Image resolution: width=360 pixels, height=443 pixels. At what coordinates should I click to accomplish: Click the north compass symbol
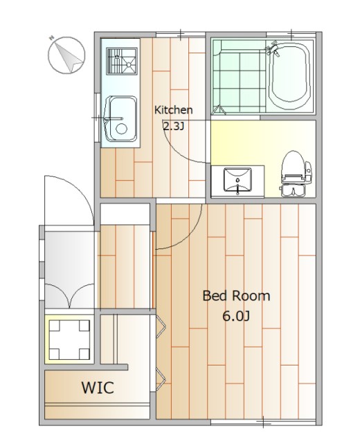(66, 55)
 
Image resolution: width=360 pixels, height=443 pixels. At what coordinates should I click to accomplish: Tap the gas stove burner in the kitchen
(122, 61)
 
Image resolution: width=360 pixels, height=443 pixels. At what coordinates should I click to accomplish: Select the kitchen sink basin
(121, 118)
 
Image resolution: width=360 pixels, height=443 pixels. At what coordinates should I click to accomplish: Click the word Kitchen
(174, 110)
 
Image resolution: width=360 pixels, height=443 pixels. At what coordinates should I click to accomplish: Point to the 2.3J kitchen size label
(174, 126)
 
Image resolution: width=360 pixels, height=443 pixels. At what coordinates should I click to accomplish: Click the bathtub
(289, 76)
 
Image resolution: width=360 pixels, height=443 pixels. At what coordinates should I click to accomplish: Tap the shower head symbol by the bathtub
(273, 49)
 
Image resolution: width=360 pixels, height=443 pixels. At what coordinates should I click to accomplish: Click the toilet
(296, 174)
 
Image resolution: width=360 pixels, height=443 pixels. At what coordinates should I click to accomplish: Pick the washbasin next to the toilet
(237, 181)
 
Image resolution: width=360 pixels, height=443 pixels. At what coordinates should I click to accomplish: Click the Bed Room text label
(236, 296)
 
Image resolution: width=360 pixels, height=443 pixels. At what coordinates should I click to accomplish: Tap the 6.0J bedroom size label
(236, 316)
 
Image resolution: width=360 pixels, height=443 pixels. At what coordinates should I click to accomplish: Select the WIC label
(98, 388)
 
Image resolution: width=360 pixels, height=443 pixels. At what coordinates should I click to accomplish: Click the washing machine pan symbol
(69, 339)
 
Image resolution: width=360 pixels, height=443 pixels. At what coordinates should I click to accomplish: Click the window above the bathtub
(291, 35)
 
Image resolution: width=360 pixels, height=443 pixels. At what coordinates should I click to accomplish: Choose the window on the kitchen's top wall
(181, 35)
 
